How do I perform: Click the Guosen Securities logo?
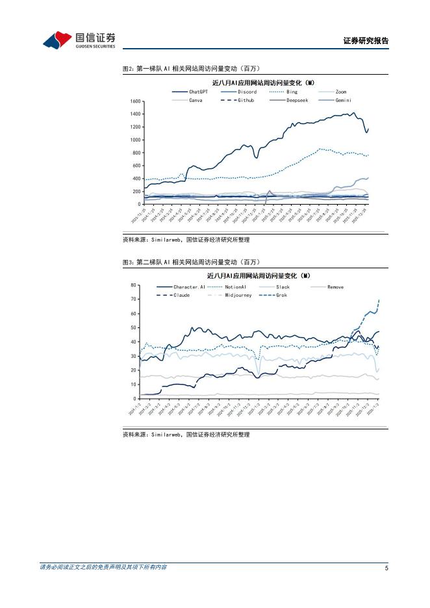coord(79,40)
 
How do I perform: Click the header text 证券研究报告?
coord(366,41)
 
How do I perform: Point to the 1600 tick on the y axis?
coord(135,101)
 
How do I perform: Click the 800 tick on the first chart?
coord(137,153)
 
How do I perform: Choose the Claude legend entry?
coord(181,295)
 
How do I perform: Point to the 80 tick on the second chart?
coord(133,285)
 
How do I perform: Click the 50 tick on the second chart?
coord(133,328)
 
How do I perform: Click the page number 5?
coord(386,568)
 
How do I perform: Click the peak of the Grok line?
coord(379,300)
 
